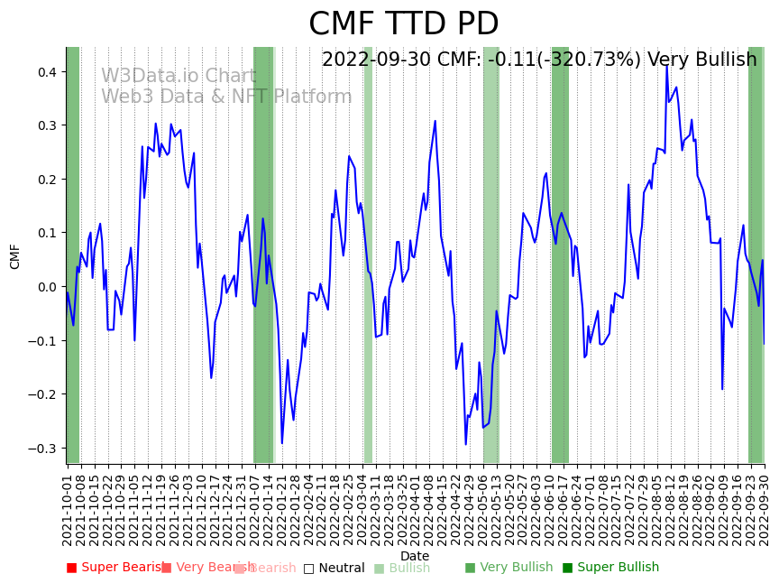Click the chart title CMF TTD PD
tap(403, 24)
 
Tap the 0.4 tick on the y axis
tap(46, 72)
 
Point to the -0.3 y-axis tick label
tap(42, 449)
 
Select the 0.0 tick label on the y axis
tap(46, 287)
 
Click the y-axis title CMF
tap(15, 256)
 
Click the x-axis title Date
tap(415, 556)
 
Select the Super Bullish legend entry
tap(610, 568)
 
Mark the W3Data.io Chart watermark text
tap(179, 76)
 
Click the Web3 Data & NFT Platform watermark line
tap(226, 97)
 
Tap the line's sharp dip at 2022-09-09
tap(722, 389)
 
